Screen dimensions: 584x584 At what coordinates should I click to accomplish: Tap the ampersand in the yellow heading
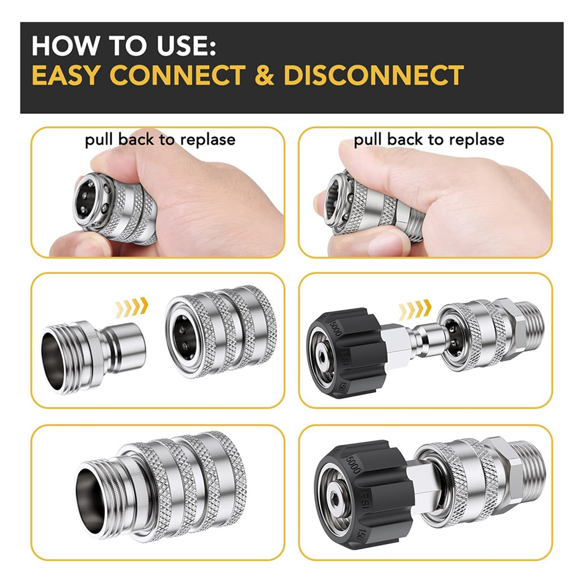tap(265, 75)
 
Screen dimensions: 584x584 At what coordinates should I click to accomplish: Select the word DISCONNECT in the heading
tap(373, 75)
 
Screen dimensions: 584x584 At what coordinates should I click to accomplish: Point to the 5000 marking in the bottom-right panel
tap(352, 464)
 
